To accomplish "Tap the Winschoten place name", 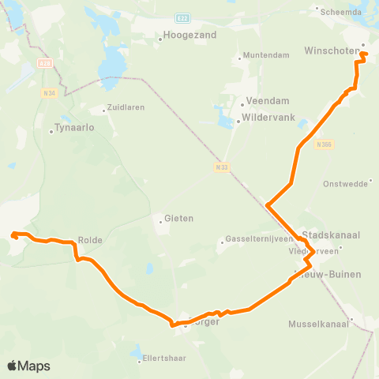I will (330, 51).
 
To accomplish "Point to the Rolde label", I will (91, 239).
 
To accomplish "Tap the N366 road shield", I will (322, 144).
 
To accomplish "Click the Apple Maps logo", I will (28, 366).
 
